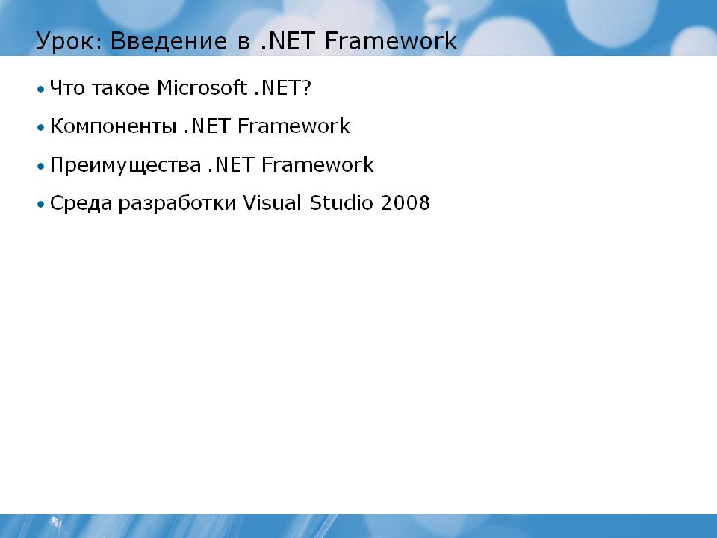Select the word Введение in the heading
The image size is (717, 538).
pos(169,41)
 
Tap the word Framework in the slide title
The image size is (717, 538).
pos(391,40)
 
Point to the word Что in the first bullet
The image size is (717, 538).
pos(67,88)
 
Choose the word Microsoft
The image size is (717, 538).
pos(202,87)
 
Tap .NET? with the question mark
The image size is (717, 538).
pos(282,88)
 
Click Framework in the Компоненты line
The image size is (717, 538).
pos(294,126)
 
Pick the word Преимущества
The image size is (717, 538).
pos(125,165)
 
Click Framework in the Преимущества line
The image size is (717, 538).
pos(317,164)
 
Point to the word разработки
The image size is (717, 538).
pos(178,203)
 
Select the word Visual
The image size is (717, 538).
pos(272,202)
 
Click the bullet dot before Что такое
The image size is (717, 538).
pos(41,89)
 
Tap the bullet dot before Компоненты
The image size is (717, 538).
pos(41,127)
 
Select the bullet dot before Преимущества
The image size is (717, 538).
pos(41,166)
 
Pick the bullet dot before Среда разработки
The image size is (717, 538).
pos(41,204)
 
